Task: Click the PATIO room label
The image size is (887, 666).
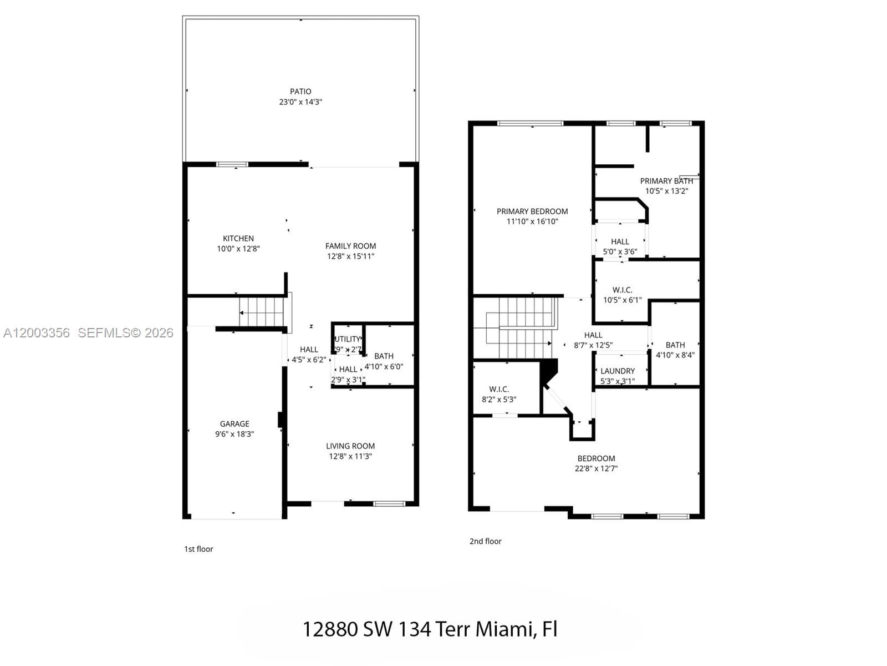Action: (x=300, y=92)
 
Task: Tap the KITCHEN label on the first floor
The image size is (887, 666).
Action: (x=238, y=239)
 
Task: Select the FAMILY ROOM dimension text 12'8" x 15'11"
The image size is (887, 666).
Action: (x=350, y=256)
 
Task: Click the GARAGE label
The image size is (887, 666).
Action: (x=235, y=424)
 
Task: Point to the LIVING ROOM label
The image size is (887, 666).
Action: (x=350, y=446)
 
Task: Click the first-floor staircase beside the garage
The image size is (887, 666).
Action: (x=262, y=312)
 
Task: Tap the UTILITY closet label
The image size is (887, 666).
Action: (x=348, y=339)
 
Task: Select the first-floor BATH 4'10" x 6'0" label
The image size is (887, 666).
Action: (x=384, y=361)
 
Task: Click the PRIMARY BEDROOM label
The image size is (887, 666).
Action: (x=532, y=211)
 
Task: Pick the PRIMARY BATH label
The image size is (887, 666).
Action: (x=666, y=181)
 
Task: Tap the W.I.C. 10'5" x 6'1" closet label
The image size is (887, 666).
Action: (x=623, y=295)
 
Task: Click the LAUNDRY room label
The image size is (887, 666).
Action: (x=618, y=371)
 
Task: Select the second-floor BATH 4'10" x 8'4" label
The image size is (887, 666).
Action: (x=675, y=350)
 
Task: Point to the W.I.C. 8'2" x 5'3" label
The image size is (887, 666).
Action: (x=499, y=394)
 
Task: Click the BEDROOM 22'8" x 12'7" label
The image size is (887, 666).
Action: (x=596, y=463)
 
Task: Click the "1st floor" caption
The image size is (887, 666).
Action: (x=198, y=549)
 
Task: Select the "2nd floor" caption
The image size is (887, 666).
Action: (x=485, y=541)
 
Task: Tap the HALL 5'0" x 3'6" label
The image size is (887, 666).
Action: (x=620, y=246)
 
